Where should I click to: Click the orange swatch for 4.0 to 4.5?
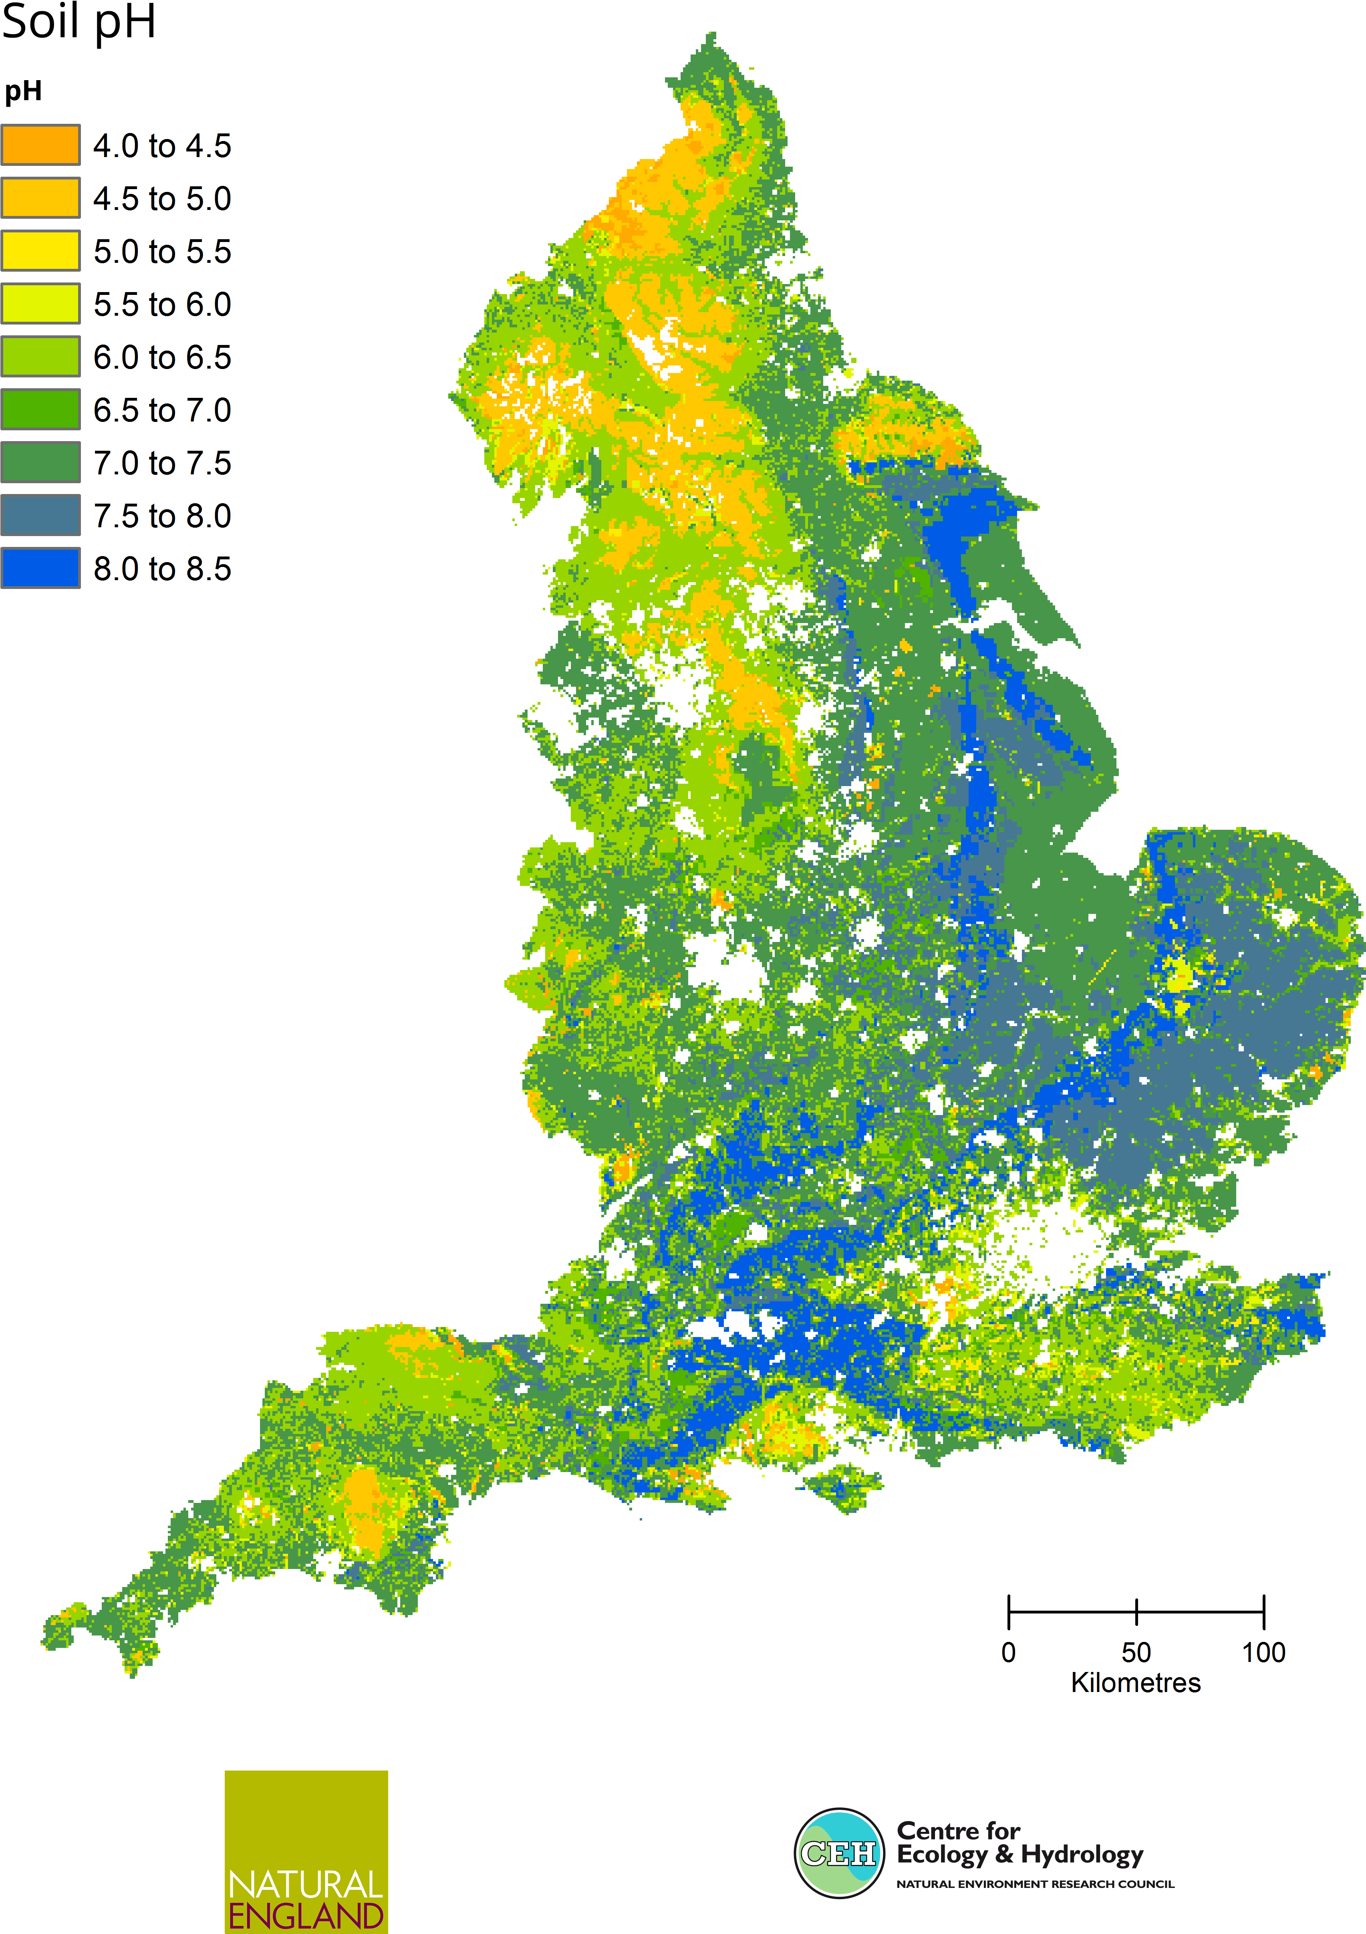click(40, 145)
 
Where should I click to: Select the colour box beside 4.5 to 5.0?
click(40, 198)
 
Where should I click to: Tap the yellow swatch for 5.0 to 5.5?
click(40, 251)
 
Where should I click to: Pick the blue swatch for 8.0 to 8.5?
click(40, 568)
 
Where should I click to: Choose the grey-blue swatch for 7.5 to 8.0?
click(40, 515)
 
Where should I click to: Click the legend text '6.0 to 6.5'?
click(162, 357)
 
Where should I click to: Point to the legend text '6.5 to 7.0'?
click(162, 410)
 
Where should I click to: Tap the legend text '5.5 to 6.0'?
click(162, 304)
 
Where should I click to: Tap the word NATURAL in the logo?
click(306, 1884)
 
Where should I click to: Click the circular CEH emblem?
click(839, 1853)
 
